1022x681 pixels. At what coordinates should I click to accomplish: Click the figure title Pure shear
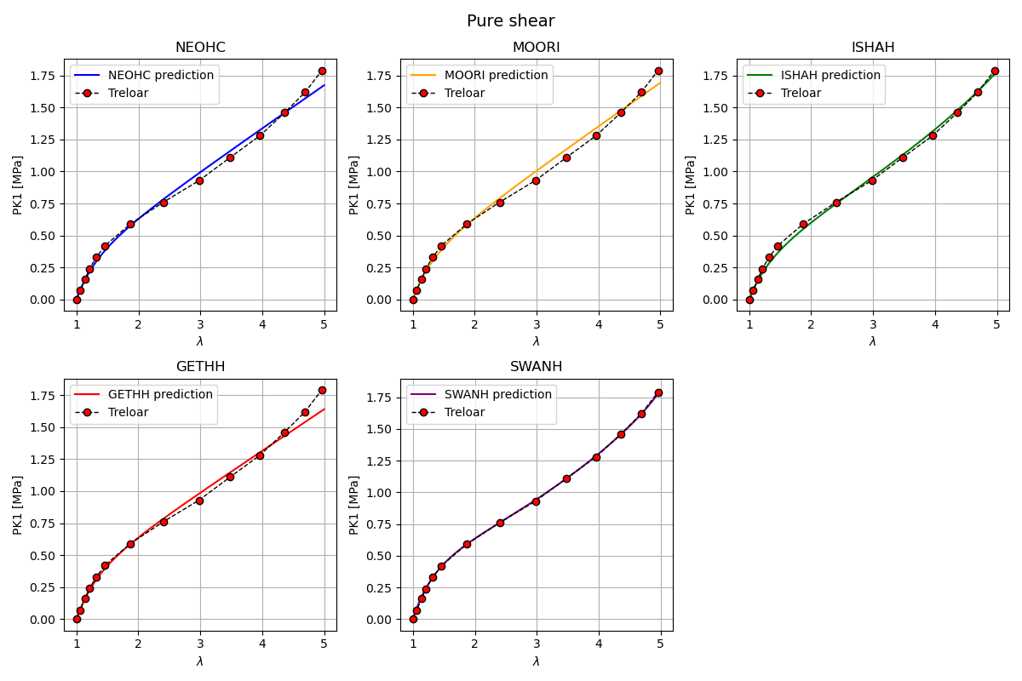coord(510,21)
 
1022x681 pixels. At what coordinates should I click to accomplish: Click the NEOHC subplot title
coord(200,48)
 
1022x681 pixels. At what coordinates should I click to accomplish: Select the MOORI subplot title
coord(537,48)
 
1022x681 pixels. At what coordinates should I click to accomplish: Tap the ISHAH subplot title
coord(873,48)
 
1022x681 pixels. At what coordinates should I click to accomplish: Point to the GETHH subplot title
coord(200,367)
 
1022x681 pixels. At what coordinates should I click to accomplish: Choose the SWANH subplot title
coord(537,367)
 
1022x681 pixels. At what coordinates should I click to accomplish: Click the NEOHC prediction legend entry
coord(161,76)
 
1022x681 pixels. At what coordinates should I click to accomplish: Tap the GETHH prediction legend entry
coord(160,395)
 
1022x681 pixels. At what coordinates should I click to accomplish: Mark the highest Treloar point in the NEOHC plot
coord(322,71)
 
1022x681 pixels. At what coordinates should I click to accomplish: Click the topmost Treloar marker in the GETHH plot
coord(322,390)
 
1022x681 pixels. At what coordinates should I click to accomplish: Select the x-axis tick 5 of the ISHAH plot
coord(996,324)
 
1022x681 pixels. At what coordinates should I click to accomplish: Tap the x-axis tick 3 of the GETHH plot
coord(200,644)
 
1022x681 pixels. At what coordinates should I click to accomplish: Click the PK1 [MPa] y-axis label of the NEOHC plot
coord(18,185)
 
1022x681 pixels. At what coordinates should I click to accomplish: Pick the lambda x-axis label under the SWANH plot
coord(537,661)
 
